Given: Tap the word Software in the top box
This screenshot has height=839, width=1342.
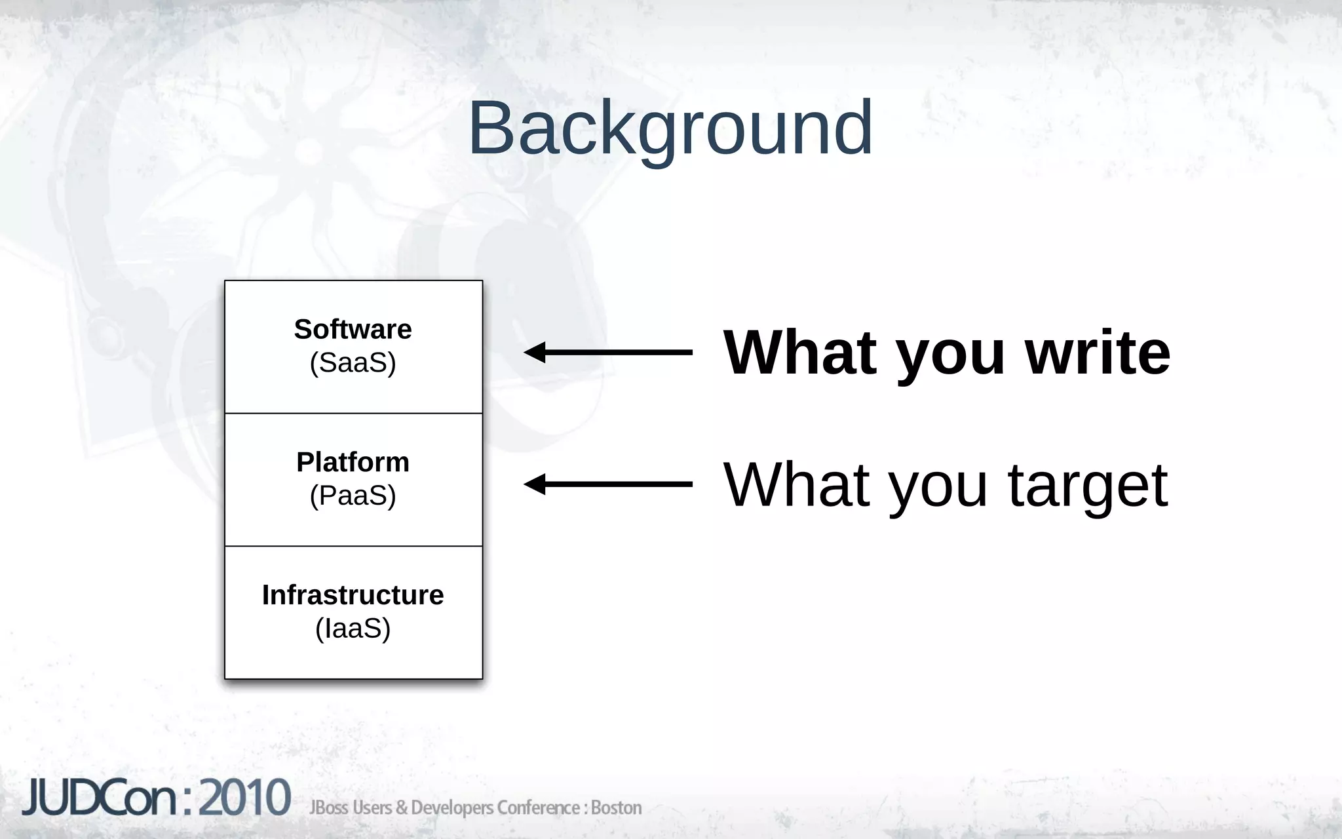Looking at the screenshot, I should pos(353,329).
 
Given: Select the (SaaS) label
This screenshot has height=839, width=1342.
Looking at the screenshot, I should pos(353,362).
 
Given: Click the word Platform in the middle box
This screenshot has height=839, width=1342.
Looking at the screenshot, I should pos(353,462).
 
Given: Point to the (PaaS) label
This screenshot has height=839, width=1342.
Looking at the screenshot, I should pos(353,496).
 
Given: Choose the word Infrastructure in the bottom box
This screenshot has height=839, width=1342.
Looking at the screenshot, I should pos(353,595).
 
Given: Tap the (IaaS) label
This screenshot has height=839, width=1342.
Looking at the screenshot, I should pos(353,629).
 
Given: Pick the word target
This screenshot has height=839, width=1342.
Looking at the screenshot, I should pos(1087,486).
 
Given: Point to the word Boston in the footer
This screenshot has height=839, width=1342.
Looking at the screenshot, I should pos(616,808).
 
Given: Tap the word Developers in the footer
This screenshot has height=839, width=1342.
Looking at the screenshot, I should pos(452,808).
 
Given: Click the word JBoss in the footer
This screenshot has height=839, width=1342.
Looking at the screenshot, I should pos(328,808).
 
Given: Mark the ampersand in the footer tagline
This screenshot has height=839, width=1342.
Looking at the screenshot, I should pos(402,808).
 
